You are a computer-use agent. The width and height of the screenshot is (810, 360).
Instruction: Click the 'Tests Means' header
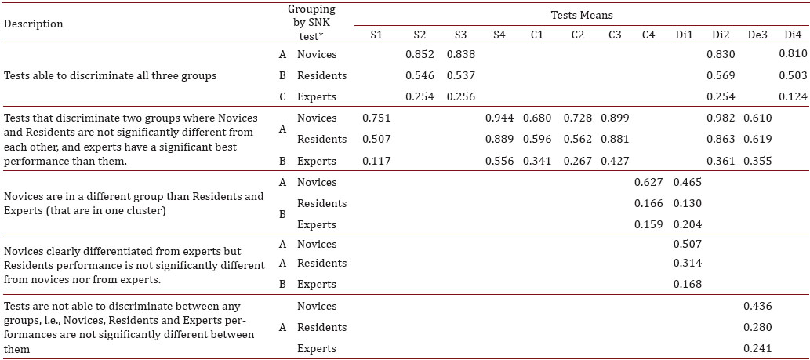click(x=580, y=15)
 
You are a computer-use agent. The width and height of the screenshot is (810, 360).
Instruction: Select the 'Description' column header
click(x=34, y=24)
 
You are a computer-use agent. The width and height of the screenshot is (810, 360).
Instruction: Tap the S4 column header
click(x=499, y=35)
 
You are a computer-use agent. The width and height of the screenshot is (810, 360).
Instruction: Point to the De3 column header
click(x=757, y=35)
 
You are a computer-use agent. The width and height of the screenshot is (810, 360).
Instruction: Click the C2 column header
click(x=578, y=35)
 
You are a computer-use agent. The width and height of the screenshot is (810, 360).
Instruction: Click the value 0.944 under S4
click(x=499, y=118)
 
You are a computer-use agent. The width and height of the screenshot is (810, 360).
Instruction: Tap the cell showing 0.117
click(x=376, y=160)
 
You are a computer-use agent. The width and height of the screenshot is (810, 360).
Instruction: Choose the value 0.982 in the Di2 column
click(x=721, y=118)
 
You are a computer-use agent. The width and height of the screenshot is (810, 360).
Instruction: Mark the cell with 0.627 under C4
click(x=648, y=182)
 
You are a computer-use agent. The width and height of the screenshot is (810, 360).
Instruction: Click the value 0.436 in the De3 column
click(x=757, y=306)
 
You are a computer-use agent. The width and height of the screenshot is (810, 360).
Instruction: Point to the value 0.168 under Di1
click(x=686, y=284)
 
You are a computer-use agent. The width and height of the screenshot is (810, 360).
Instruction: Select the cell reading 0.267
click(x=578, y=160)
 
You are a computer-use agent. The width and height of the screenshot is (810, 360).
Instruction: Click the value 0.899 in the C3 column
click(x=615, y=118)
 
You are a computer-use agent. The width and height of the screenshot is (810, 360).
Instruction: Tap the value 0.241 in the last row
click(x=757, y=348)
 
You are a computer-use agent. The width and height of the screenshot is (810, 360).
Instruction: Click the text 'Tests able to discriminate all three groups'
click(x=111, y=76)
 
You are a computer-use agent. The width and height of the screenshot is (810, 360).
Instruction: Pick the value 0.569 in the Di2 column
click(x=721, y=76)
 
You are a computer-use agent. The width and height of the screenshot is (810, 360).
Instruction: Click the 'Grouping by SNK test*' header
click(x=311, y=23)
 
